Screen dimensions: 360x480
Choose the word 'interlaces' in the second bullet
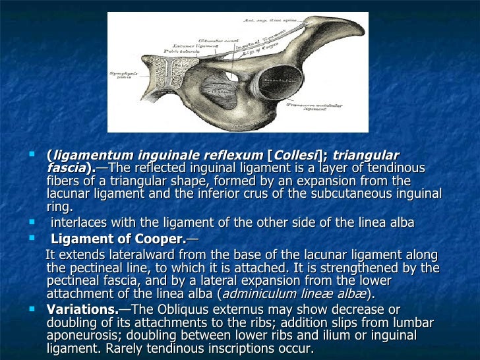point(78,223)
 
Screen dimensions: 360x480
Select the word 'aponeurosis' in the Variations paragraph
point(82,336)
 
